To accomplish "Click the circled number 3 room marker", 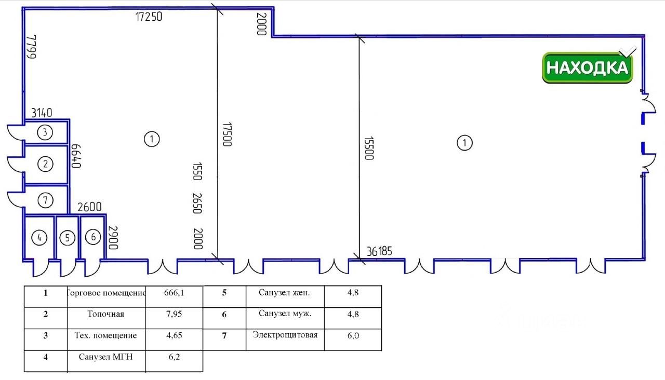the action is point(45,132).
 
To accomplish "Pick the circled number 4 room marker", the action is point(39,238).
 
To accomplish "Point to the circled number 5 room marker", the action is point(67,238).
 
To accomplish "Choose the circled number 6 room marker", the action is point(93,237).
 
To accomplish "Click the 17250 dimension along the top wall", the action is point(149,17).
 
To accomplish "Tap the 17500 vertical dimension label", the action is point(226,134).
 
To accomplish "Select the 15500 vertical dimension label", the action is point(368,148).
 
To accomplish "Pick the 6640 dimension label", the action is point(77,156).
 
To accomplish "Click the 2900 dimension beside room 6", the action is point(113,238).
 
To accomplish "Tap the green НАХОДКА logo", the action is point(588,67).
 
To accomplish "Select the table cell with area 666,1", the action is point(174,293).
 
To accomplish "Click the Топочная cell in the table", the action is point(106,314).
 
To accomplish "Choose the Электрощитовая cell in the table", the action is point(285,335).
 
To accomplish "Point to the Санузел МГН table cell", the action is point(106,357).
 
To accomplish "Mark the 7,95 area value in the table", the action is point(174,314).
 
